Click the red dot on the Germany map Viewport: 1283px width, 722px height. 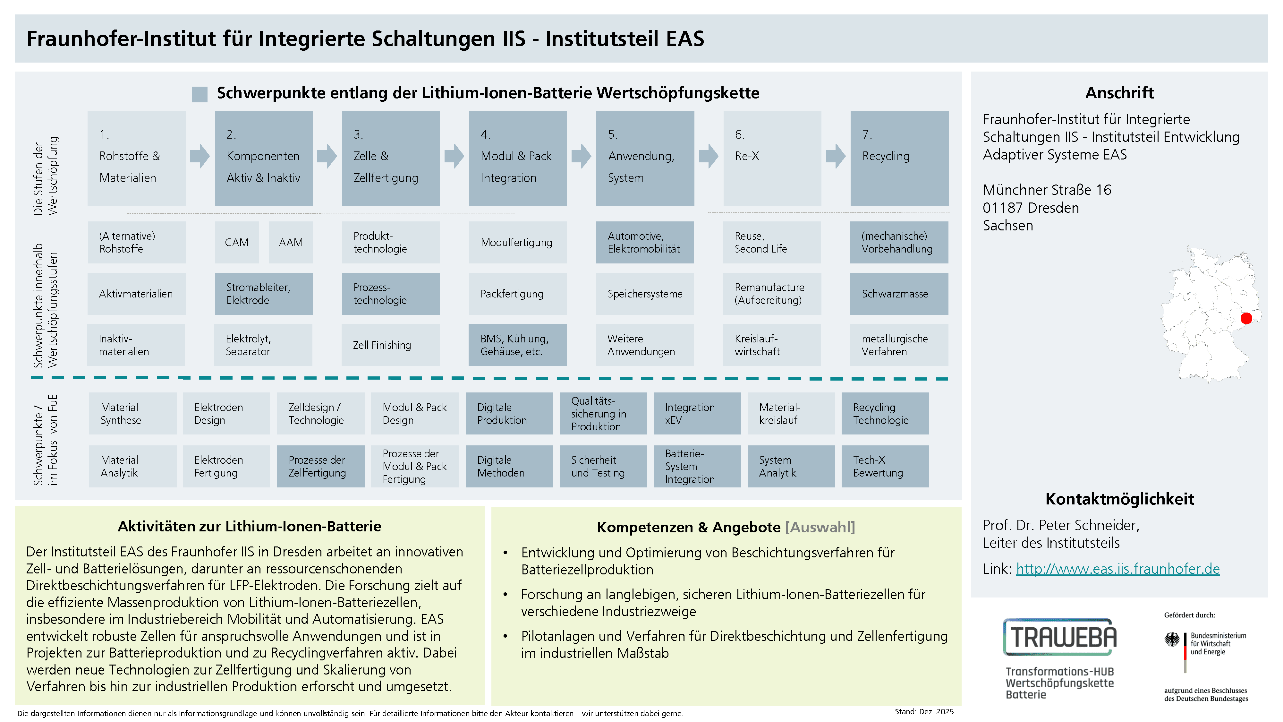(x=1246, y=318)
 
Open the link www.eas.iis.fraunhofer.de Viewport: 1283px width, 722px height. (x=1117, y=569)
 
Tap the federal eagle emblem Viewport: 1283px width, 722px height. (x=1172, y=640)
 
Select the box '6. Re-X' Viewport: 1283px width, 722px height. (x=772, y=158)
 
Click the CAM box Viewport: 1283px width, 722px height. (x=237, y=243)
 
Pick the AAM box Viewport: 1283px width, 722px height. (x=291, y=243)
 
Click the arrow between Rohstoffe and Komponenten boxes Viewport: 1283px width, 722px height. (x=200, y=156)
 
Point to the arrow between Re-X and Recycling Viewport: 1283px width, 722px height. (x=836, y=156)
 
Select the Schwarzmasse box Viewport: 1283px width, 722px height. (x=899, y=294)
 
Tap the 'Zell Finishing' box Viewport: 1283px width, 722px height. (x=390, y=345)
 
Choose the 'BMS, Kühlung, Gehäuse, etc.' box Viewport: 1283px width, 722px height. (x=517, y=345)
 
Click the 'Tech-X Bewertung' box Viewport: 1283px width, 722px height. (x=885, y=466)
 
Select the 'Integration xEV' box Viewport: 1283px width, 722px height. (x=697, y=414)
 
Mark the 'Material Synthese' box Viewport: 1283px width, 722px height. (x=132, y=414)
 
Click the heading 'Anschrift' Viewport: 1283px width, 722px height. (x=1119, y=93)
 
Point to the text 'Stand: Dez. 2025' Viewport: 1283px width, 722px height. (x=924, y=711)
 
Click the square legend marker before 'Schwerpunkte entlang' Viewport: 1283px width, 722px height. (x=200, y=94)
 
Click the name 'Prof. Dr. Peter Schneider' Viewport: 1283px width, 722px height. (x=1061, y=525)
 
